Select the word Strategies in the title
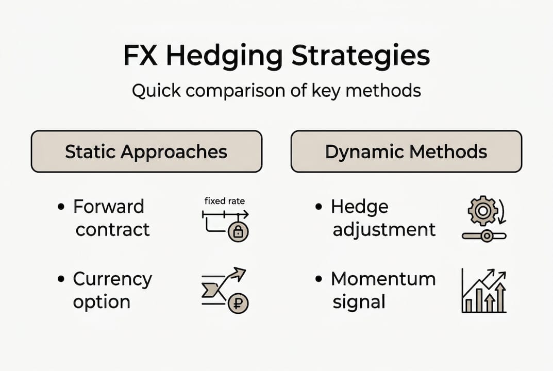pos(361,56)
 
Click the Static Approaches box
pos(146,151)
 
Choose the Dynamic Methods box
pos(406,151)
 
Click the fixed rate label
pos(225,201)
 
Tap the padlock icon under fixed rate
pos(238,232)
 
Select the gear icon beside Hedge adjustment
pos(482,210)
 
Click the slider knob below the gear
pos(485,236)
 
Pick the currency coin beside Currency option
pos(238,303)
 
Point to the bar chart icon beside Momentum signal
pos(483,292)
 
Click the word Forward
pos(109,207)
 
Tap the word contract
pos(112,229)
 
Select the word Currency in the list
pos(112,279)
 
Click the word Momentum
pos(383,279)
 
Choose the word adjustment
pos(384,229)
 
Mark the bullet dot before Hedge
pos(319,207)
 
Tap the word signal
pos(359,302)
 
